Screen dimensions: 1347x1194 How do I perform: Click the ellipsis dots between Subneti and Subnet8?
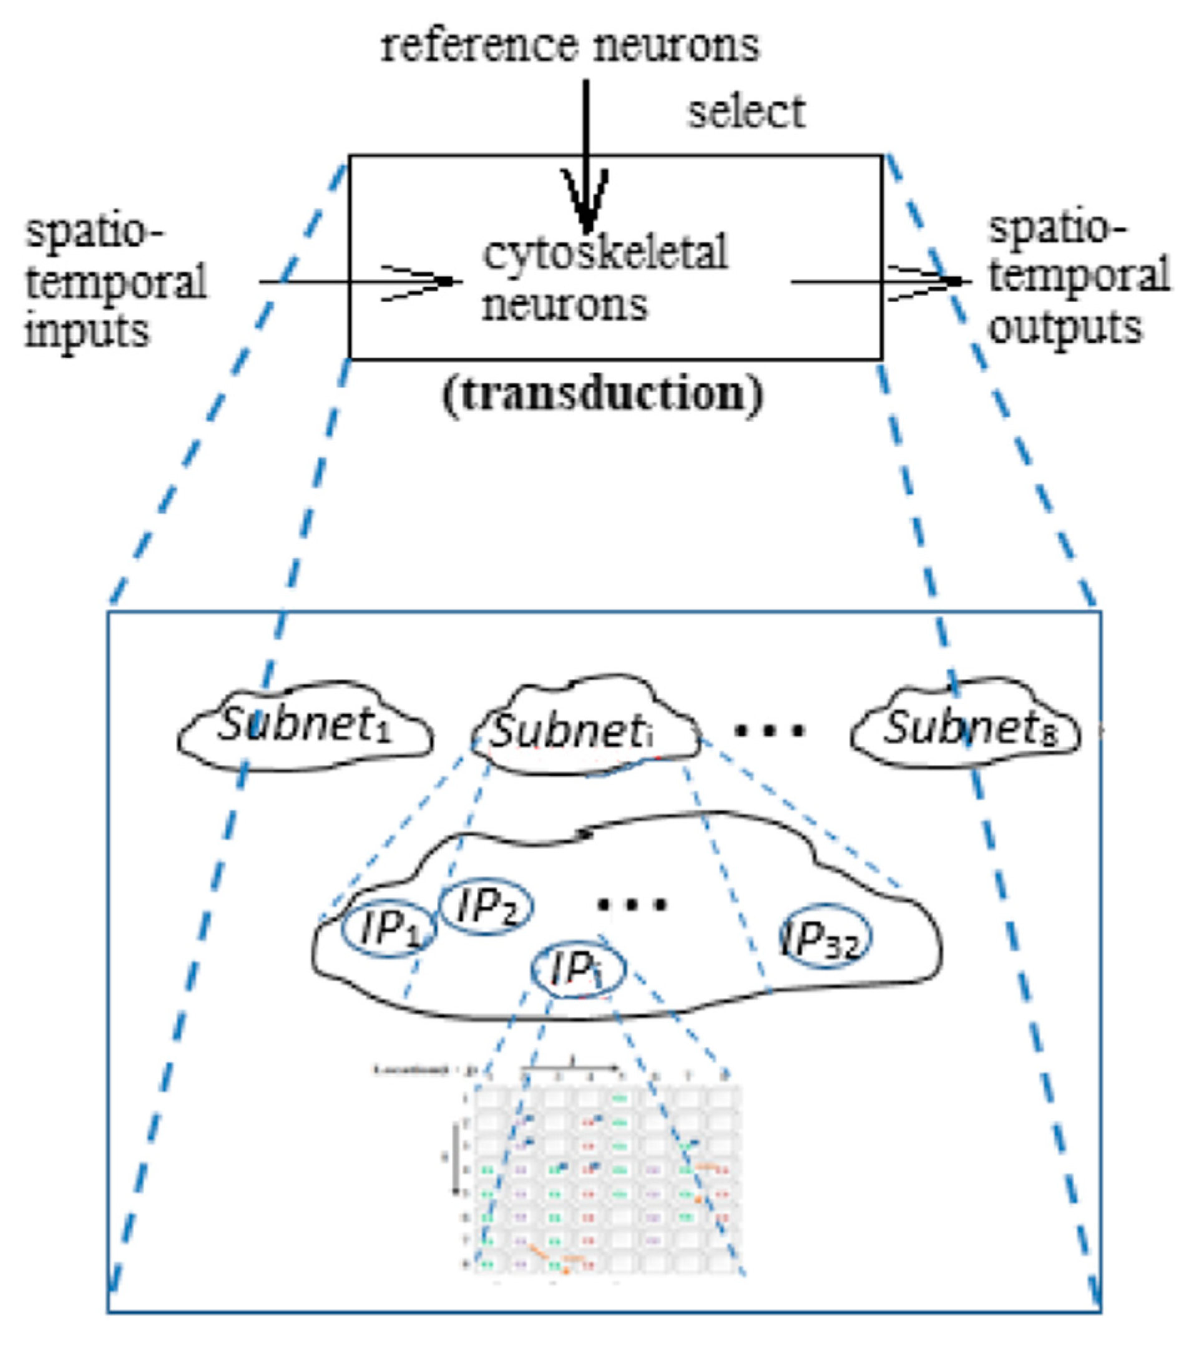pyautogui.click(x=770, y=729)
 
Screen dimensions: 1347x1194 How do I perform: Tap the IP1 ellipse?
pyautogui.click(x=389, y=929)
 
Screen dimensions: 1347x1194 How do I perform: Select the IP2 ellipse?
pyautogui.click(x=487, y=907)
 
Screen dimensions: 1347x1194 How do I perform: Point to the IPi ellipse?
pyautogui.click(x=577, y=970)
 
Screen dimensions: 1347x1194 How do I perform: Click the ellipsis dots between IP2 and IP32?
pyautogui.click(x=632, y=904)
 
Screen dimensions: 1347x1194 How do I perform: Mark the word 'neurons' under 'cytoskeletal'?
pyautogui.click(x=564, y=304)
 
